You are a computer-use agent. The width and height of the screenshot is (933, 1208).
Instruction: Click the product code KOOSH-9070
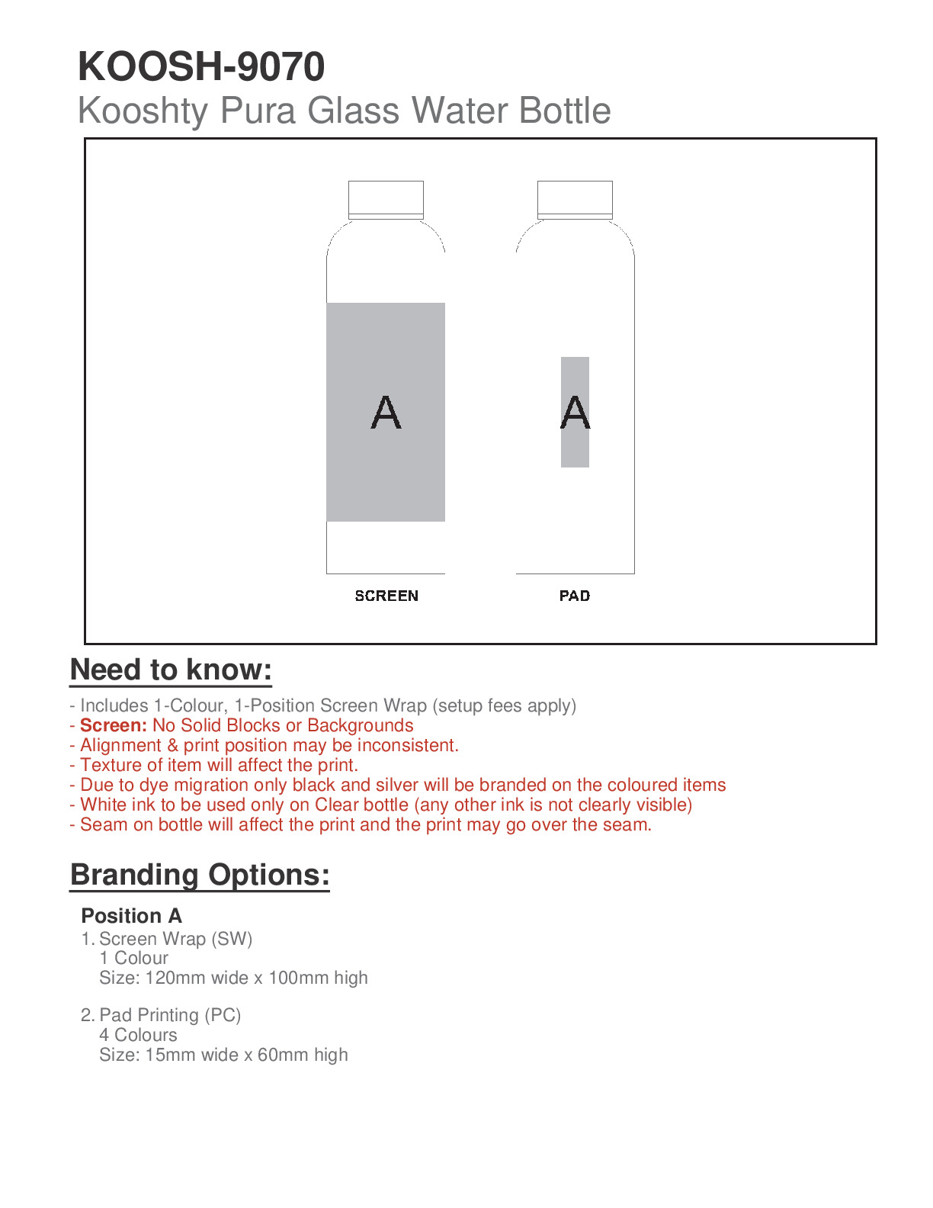(201, 67)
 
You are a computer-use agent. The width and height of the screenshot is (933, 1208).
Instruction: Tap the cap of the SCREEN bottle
(386, 199)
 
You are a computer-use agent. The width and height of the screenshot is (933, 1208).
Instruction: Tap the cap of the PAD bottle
(575, 199)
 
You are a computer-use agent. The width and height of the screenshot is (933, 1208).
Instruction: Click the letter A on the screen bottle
(386, 413)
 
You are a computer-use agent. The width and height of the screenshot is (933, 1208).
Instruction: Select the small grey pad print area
(575, 450)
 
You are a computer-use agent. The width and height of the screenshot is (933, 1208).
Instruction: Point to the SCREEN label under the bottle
(386, 596)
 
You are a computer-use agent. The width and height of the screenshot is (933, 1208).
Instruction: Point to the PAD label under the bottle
(575, 596)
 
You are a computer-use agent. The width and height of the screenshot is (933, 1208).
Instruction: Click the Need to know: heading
(171, 670)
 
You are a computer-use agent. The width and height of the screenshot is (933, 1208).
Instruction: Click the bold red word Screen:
(114, 725)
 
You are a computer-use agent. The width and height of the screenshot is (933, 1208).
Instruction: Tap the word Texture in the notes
(109, 765)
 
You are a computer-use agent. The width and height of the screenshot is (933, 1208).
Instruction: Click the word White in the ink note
(103, 805)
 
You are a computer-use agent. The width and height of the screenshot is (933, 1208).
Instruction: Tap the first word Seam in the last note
(104, 824)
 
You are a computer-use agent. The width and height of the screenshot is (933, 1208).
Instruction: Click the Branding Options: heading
(200, 875)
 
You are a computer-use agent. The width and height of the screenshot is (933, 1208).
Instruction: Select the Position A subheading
(131, 916)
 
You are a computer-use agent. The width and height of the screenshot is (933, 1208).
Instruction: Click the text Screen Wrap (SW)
(175, 939)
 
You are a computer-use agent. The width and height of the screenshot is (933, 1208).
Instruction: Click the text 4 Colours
(138, 1035)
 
